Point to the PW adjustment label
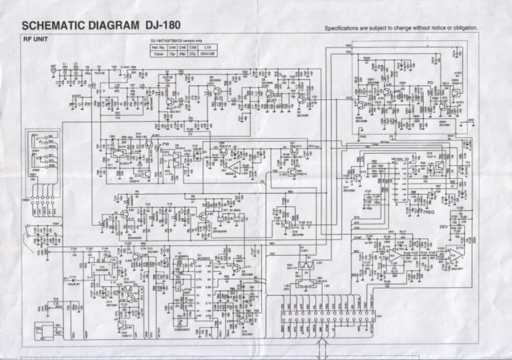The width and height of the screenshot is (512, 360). coord(165,145)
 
